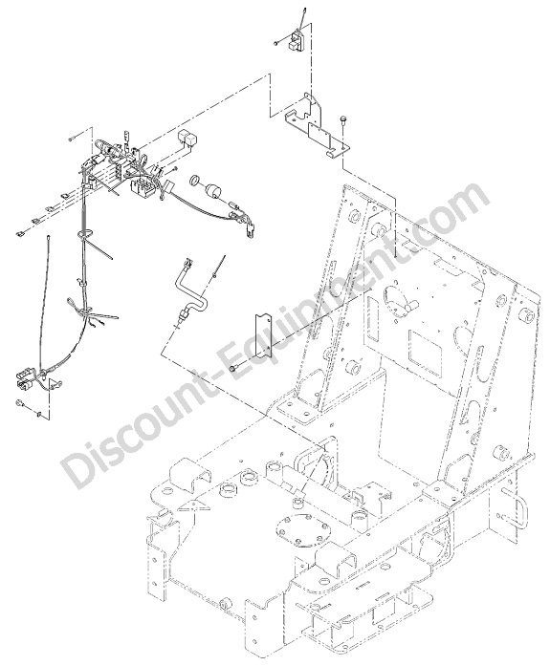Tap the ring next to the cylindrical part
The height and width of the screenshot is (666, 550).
tap(196, 180)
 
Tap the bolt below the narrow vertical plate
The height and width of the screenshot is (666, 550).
tap(233, 369)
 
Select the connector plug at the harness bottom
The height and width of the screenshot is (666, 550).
tap(26, 379)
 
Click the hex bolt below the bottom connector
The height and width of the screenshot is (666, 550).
tap(19, 402)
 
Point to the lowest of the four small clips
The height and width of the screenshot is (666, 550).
tap(20, 233)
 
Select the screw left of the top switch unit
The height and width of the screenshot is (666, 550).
tap(276, 42)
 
